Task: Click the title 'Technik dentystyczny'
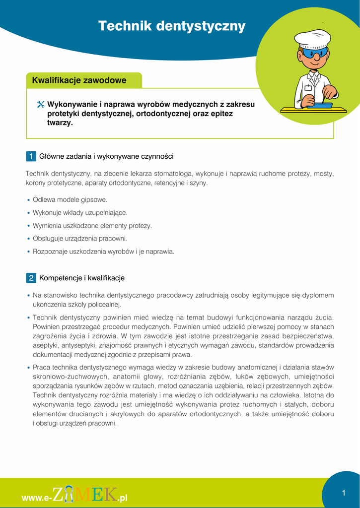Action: coord(172,26)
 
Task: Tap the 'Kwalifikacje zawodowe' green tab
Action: coord(79,80)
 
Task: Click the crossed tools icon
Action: coord(41,105)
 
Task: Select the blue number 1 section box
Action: coord(30,156)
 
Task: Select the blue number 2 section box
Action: coord(30,278)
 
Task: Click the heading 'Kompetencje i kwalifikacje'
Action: coord(82,278)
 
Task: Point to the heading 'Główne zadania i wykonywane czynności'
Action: coord(106,156)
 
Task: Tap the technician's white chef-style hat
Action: coord(312,38)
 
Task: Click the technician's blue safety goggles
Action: coord(315,53)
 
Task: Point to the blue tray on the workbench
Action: coord(320,105)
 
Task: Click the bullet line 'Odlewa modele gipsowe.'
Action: coord(70,199)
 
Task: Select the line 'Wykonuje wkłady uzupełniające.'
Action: coord(80,212)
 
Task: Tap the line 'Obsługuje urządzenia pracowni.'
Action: coord(80,238)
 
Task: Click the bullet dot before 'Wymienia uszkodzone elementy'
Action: coord(28,226)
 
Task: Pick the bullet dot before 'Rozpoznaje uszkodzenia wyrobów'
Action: coord(28,252)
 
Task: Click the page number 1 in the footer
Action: coord(343,493)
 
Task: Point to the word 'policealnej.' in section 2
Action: coord(104,305)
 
